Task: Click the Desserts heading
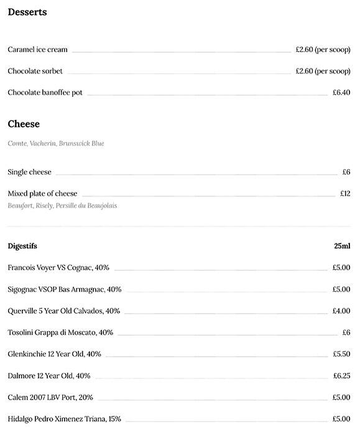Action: click(27, 12)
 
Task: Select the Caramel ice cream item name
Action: click(37, 50)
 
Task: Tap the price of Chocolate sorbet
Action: click(323, 71)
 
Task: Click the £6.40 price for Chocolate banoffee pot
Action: click(341, 93)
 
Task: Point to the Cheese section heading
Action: click(24, 124)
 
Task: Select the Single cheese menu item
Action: click(29, 172)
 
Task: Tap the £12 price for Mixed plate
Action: click(345, 194)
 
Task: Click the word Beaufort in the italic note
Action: click(20, 206)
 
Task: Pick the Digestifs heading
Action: click(22, 246)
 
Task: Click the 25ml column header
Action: click(342, 246)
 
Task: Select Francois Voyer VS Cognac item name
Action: click(58, 268)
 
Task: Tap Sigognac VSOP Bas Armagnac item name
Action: click(64, 290)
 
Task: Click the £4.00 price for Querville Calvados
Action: click(341, 311)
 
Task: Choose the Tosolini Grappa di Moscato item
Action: click(60, 332)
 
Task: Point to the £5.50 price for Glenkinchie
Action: click(341, 354)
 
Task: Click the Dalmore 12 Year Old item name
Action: click(49, 376)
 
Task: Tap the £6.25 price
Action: click(341, 376)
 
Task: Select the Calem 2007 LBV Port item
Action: click(50, 398)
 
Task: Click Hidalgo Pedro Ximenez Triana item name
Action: click(64, 419)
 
